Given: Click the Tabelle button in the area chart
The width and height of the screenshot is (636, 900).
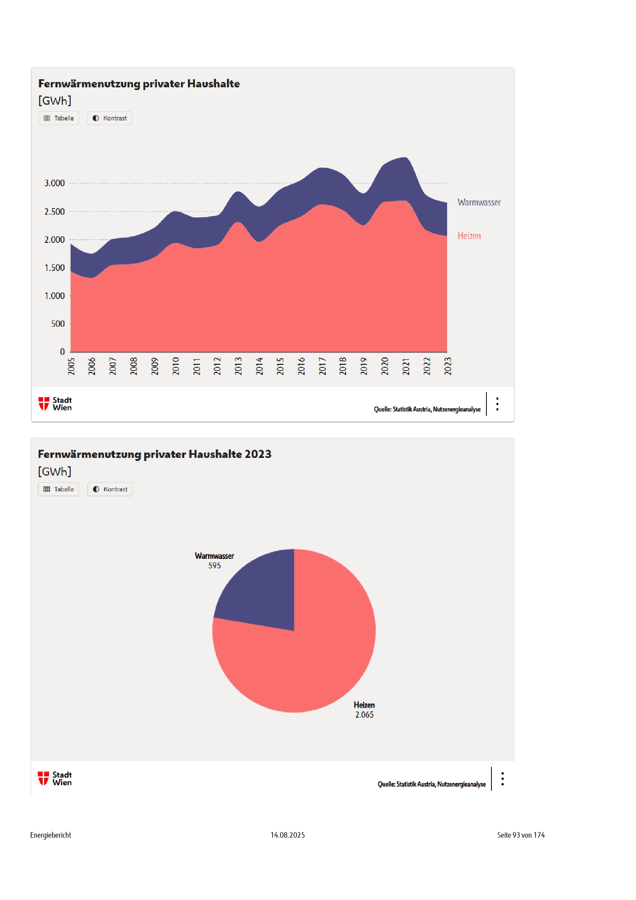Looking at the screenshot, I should click(59, 118).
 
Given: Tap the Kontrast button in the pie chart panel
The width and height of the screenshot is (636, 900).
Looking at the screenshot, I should click(110, 489).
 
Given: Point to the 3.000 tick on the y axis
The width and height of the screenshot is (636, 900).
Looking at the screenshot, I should click(55, 183).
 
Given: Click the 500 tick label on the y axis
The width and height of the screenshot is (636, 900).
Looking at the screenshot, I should click(58, 324).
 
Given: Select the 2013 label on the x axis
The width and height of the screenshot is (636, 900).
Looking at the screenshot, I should click(238, 366).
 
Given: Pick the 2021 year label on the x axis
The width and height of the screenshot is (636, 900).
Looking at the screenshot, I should click(406, 366).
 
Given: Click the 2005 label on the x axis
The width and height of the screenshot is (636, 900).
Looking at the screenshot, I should click(71, 366).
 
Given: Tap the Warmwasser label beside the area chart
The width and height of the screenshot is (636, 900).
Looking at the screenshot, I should click(479, 202).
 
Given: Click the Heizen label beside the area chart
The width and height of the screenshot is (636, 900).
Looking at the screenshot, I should click(469, 235).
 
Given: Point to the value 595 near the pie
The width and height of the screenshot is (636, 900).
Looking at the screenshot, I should click(215, 566).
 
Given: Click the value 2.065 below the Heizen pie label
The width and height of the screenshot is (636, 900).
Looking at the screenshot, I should click(364, 715).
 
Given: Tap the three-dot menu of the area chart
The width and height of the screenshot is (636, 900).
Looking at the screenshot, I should click(497, 404).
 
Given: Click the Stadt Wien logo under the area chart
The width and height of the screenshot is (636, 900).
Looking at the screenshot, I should click(55, 404).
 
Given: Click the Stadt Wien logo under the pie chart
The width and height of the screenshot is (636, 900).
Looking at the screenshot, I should click(55, 778).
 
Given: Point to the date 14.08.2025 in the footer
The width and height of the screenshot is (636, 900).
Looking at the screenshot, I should click(288, 835).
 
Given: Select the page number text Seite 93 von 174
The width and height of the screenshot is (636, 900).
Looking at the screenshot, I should click(521, 835).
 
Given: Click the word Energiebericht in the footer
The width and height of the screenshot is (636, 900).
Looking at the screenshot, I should click(50, 835).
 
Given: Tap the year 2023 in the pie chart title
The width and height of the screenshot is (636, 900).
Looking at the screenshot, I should click(258, 454).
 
